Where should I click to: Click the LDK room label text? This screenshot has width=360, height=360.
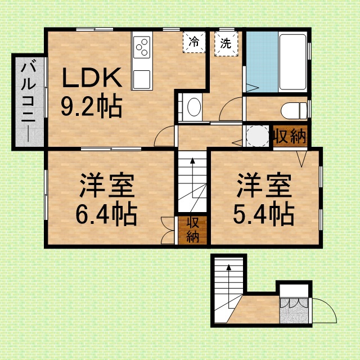[x=92, y=78]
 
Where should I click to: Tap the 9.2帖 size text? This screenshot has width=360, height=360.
[x=91, y=105]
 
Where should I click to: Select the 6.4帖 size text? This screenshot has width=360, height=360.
[x=106, y=214]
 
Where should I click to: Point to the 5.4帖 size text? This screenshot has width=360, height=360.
[x=264, y=214]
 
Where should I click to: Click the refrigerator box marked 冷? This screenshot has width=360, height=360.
[x=194, y=42]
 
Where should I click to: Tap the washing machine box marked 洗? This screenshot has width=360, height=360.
[x=226, y=44]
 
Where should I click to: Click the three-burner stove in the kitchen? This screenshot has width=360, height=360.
[x=142, y=47]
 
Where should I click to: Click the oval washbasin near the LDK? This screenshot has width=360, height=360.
[x=194, y=107]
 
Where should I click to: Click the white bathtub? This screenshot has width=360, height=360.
[x=292, y=62]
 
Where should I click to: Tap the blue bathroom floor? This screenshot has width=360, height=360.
[x=262, y=62]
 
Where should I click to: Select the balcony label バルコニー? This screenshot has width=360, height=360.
[x=29, y=100]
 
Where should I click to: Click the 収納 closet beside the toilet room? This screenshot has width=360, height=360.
[x=290, y=136]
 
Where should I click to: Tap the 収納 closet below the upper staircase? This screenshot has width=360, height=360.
[x=192, y=230]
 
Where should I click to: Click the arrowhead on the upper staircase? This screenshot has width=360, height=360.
[x=192, y=161]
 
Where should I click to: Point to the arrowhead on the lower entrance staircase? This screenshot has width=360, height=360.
[x=229, y=267]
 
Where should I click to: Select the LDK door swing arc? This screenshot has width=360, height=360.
[x=159, y=133]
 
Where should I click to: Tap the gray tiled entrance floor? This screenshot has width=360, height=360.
[x=294, y=311]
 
